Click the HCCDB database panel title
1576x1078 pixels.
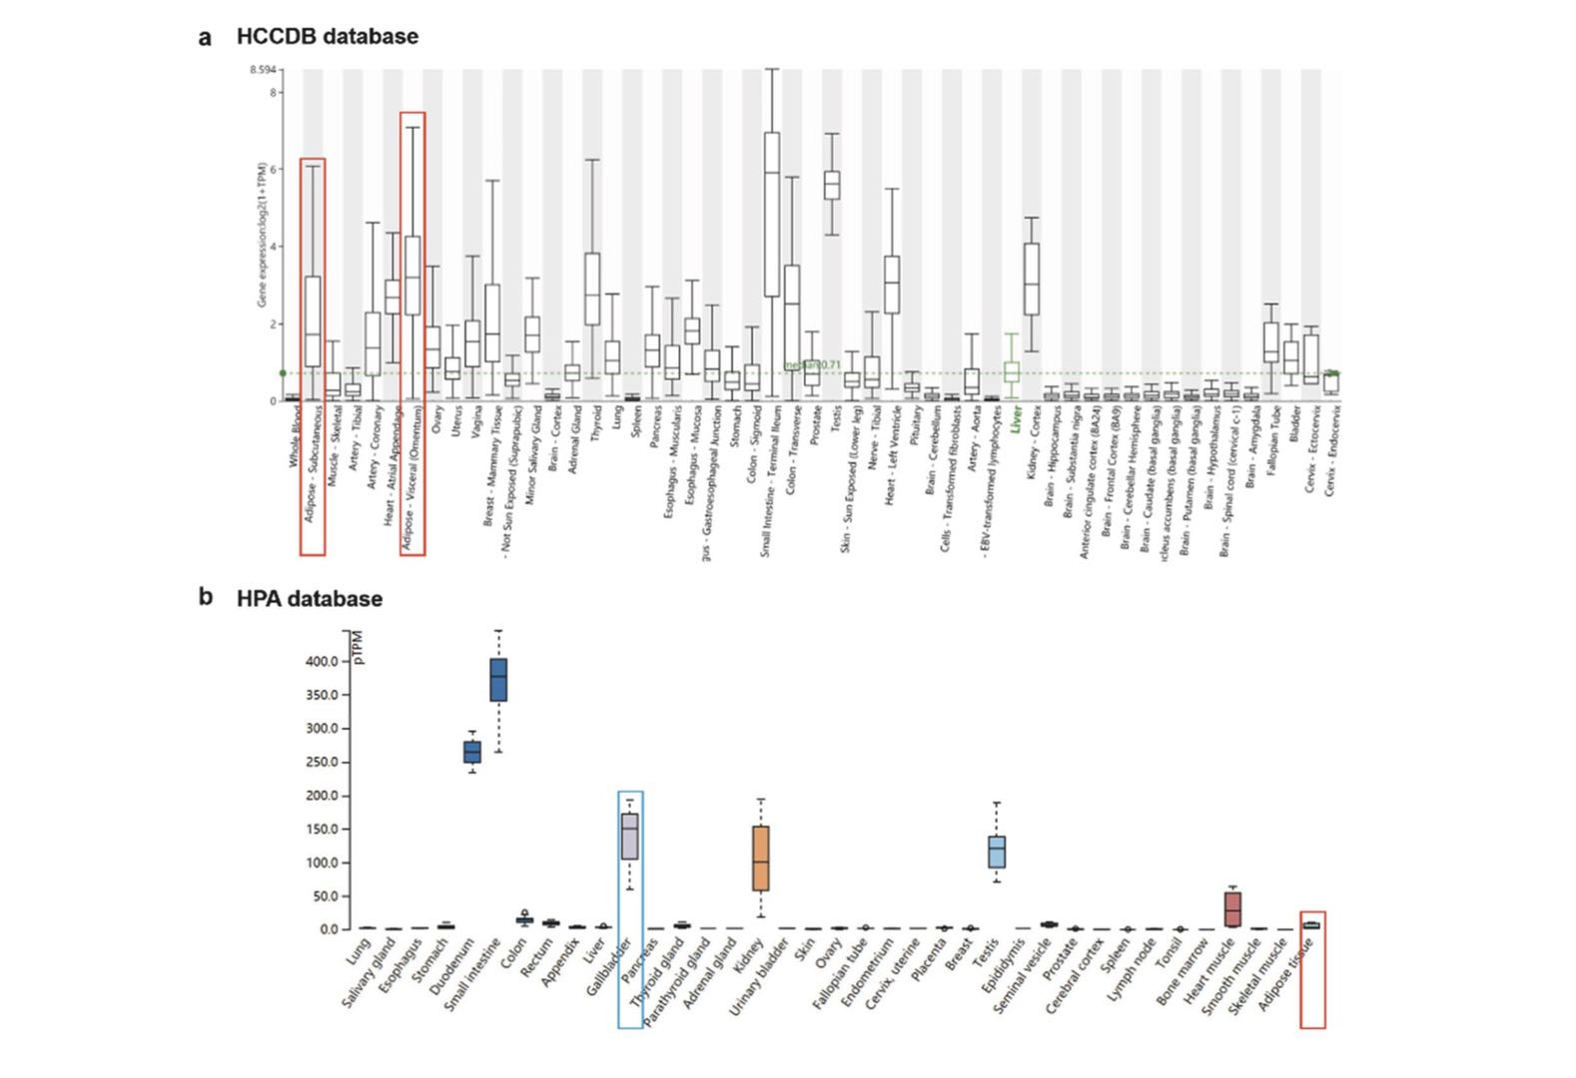click(x=327, y=37)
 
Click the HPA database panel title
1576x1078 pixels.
click(x=309, y=599)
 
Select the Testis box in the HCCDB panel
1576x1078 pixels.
click(x=831, y=185)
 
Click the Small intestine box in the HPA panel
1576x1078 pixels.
click(x=497, y=680)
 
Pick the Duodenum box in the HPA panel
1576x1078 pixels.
click(x=472, y=752)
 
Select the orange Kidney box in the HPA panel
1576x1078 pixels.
click(x=761, y=857)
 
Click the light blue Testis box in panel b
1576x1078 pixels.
click(x=997, y=851)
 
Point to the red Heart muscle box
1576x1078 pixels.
click(x=1232, y=909)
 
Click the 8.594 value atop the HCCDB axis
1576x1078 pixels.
click(x=264, y=71)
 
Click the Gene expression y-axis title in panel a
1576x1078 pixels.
click(x=261, y=235)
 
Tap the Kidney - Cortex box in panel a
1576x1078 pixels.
click(x=1032, y=278)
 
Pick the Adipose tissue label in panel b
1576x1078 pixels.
click(x=1287, y=973)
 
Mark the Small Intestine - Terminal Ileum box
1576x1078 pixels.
click(x=772, y=214)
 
